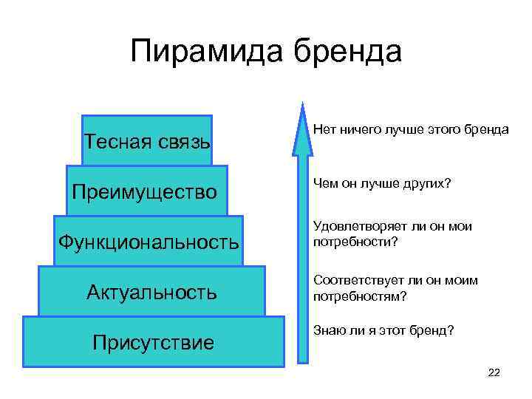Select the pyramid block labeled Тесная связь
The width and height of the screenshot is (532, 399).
coord(147,140)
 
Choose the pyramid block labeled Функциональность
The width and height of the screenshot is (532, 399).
coord(149,241)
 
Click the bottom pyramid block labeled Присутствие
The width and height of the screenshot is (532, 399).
coord(153,341)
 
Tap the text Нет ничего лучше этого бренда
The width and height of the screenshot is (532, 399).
coord(411,129)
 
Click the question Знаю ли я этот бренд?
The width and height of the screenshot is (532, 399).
coord(383,330)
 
